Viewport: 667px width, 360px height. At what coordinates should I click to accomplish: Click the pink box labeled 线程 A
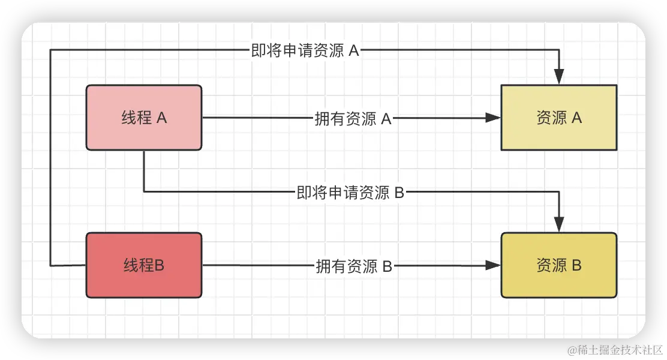pos(144,118)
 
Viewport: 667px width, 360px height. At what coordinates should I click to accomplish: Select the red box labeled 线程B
pos(144,265)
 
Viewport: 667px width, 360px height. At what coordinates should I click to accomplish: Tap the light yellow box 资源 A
pos(558,118)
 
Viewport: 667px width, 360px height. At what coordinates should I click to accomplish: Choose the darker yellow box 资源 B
pos(558,265)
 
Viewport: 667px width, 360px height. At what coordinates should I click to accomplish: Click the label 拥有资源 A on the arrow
pos(353,119)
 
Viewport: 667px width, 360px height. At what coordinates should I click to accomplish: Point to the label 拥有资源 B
pos(353,266)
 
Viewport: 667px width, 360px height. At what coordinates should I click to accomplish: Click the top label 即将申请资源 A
pos(305,51)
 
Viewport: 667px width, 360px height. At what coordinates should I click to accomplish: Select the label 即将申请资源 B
pos(351,193)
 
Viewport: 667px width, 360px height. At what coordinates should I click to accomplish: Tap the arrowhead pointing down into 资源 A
pos(559,77)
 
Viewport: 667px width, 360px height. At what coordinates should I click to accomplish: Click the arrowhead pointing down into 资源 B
pos(559,225)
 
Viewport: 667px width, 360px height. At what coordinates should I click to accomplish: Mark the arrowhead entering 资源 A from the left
pos(493,118)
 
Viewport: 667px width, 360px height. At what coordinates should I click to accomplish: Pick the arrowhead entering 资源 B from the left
pos(493,265)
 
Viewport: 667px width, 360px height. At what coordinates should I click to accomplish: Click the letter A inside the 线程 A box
pos(161,118)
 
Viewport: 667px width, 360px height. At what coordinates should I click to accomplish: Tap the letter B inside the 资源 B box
pos(576,265)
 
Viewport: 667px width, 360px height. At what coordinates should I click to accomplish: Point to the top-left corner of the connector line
pos(50,51)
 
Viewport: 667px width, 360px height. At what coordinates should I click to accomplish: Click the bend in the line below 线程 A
pos(144,192)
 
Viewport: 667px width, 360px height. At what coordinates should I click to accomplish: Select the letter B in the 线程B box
pos(160,265)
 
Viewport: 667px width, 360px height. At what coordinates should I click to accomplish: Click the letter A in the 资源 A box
pos(576,118)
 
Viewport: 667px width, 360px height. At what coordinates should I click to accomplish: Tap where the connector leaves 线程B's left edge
pos(86,265)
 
